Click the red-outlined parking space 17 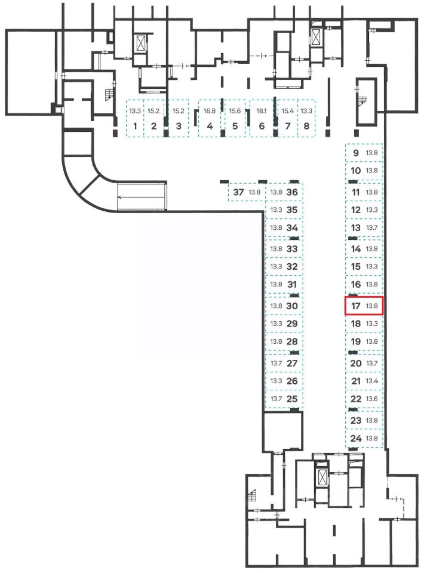[364, 306]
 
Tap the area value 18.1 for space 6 [261, 111]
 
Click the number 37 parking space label [239, 192]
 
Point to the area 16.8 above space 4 [209, 111]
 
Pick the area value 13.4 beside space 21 [372, 381]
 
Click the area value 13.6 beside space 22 [372, 399]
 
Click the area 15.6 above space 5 [235, 111]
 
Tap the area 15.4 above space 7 [288, 111]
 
